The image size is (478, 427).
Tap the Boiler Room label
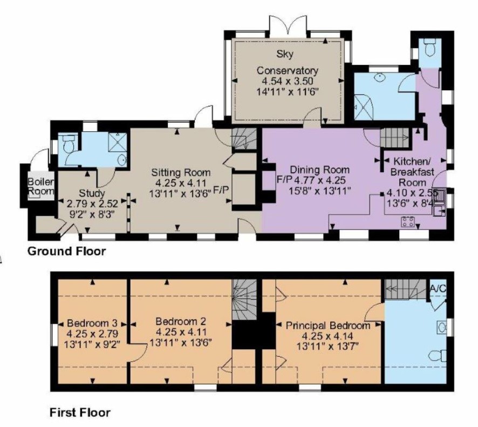(x=40, y=186)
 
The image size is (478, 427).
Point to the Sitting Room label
(x=181, y=172)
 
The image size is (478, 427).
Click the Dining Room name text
(x=319, y=170)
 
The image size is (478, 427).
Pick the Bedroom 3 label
(x=92, y=323)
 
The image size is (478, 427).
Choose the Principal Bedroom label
(x=327, y=326)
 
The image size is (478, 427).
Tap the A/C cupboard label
(x=438, y=288)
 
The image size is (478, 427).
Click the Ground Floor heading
(x=67, y=252)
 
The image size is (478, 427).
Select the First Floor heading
(x=80, y=412)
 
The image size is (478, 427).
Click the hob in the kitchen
(x=408, y=222)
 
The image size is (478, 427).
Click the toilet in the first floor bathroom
(x=438, y=356)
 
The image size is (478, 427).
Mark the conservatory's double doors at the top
(x=287, y=27)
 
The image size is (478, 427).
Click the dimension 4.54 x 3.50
(x=288, y=81)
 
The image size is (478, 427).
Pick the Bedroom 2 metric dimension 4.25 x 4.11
(x=181, y=332)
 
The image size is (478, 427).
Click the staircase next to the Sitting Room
(x=244, y=139)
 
